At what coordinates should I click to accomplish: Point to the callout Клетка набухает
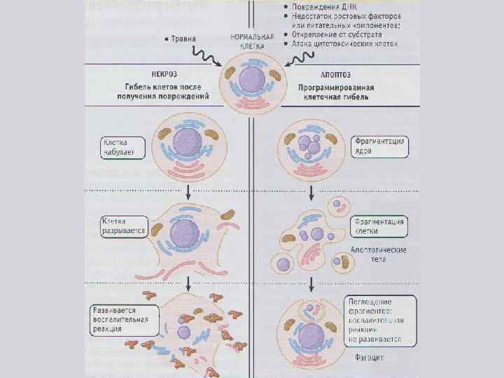click(120, 146)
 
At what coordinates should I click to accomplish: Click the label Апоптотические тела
click(379, 254)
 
